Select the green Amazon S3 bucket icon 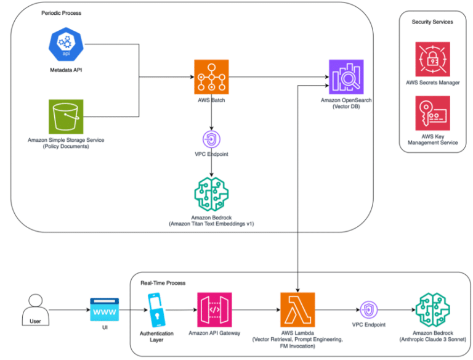pyautogui.click(x=66, y=115)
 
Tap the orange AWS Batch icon pyautogui.click(x=211, y=76)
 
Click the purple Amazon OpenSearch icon pyautogui.click(x=346, y=76)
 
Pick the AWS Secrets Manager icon pyautogui.click(x=432, y=59)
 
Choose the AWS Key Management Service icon pyautogui.click(x=432, y=113)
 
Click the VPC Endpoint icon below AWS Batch pyautogui.click(x=211, y=137)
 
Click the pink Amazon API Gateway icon pyautogui.click(x=214, y=309)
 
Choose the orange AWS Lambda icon pyautogui.click(x=297, y=309)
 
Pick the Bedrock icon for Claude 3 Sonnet pyautogui.click(x=432, y=309)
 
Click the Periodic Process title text pyautogui.click(x=61, y=13)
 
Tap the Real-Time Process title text pyautogui.click(x=163, y=283)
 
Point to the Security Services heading pyautogui.click(x=432, y=22)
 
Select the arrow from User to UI pyautogui.click(x=68, y=309)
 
